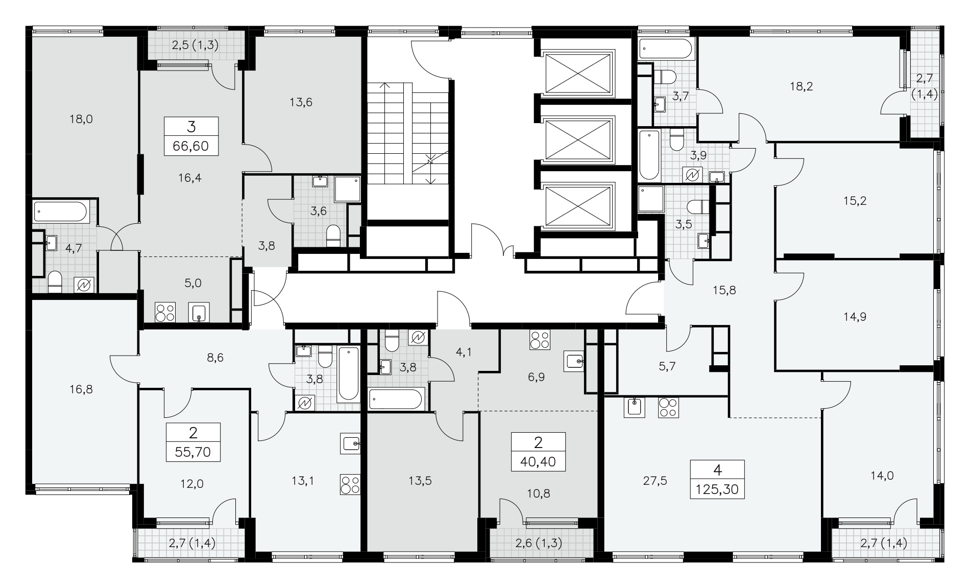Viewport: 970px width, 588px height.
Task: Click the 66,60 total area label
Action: [190, 147]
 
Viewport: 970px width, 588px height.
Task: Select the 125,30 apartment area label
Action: [717, 490]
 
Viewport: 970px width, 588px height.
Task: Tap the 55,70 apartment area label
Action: [193, 452]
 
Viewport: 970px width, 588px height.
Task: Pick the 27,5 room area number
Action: [656, 481]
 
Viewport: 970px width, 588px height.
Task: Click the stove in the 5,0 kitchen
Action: [165, 312]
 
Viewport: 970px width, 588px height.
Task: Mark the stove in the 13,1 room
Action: [351, 485]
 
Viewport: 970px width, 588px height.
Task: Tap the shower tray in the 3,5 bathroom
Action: [651, 199]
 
